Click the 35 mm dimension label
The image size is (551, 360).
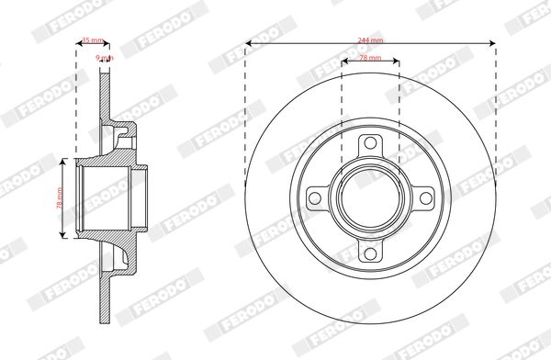coord(91,40)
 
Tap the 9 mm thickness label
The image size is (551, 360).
coord(104,58)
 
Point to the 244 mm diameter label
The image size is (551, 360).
coord(370,40)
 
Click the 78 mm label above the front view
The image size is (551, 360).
coord(370,58)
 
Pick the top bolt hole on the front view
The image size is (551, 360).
coord(370,144)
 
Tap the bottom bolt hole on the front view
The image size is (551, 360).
coord(370,253)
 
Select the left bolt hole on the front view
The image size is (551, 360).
coord(316,198)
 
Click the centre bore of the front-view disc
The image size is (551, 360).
coord(370,198)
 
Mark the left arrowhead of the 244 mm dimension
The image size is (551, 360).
coord(248,43)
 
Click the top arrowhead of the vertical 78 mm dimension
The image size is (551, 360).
coord(63,160)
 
